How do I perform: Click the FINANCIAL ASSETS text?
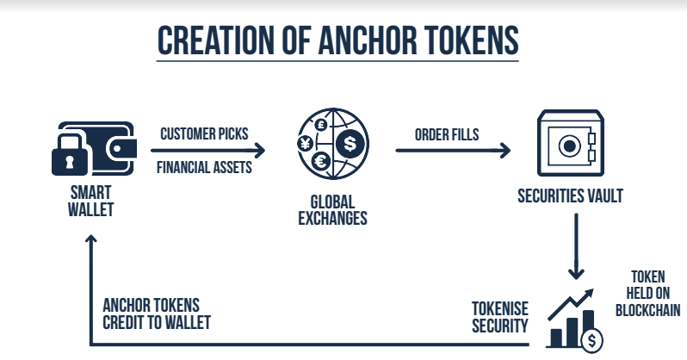tap(204, 167)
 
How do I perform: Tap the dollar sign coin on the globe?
tap(349, 142)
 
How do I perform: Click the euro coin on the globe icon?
tap(321, 161)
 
